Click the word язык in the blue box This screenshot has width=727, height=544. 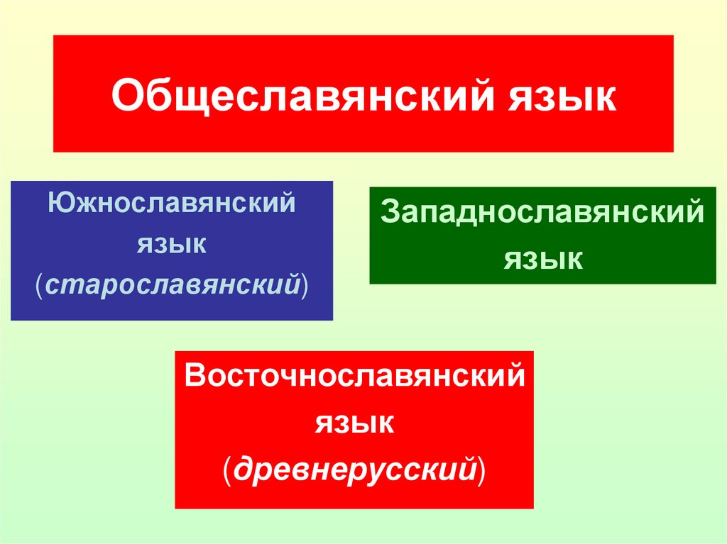(x=172, y=245)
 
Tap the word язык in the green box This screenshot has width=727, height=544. (x=543, y=258)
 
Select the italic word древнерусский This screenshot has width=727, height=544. (x=355, y=469)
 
